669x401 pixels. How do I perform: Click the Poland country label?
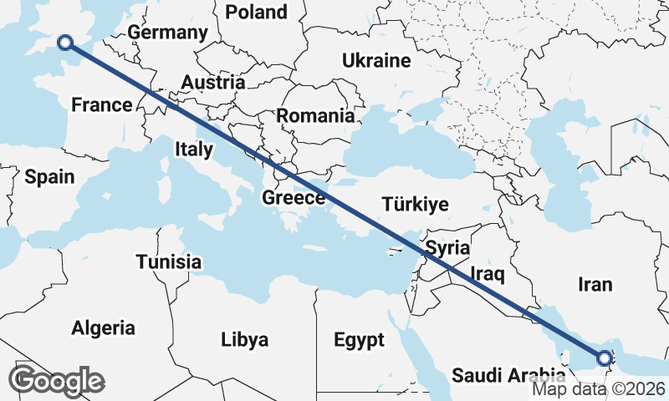click(256, 12)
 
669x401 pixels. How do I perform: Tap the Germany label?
click(167, 33)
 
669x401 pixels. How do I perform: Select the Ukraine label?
click(376, 60)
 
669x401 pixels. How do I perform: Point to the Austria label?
click(213, 83)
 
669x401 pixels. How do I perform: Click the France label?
click(102, 105)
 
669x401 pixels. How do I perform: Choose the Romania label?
click(315, 116)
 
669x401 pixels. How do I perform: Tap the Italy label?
click(193, 149)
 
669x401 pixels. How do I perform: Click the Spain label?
click(49, 177)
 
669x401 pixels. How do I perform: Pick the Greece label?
click(294, 198)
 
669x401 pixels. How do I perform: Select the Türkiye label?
click(415, 205)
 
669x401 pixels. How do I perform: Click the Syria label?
click(447, 248)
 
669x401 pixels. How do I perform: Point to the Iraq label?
click(485, 273)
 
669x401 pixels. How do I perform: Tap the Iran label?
click(595, 284)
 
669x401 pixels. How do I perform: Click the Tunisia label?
click(169, 261)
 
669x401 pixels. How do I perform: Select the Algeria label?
click(103, 327)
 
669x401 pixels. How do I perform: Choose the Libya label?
click(245, 340)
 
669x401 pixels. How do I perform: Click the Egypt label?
click(359, 340)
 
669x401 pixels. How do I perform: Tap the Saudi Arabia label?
click(508, 375)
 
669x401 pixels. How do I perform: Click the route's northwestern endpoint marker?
click(64, 43)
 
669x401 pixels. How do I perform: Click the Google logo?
click(56, 381)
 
